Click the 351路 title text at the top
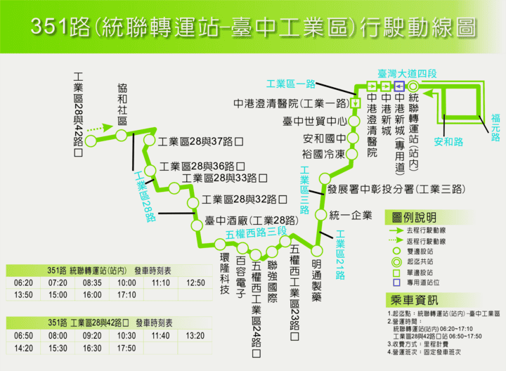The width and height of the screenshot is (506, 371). click(x=252, y=27)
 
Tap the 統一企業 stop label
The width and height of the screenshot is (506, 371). click(x=349, y=215)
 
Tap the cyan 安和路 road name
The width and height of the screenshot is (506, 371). click(x=449, y=142)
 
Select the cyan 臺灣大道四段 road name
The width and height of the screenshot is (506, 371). click(x=407, y=73)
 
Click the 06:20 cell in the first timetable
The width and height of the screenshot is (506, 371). click(x=23, y=282)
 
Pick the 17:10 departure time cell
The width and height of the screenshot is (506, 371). click(x=126, y=294)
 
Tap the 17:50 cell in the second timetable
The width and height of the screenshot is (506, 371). click(x=126, y=347)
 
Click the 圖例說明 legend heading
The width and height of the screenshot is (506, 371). click(x=415, y=218)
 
